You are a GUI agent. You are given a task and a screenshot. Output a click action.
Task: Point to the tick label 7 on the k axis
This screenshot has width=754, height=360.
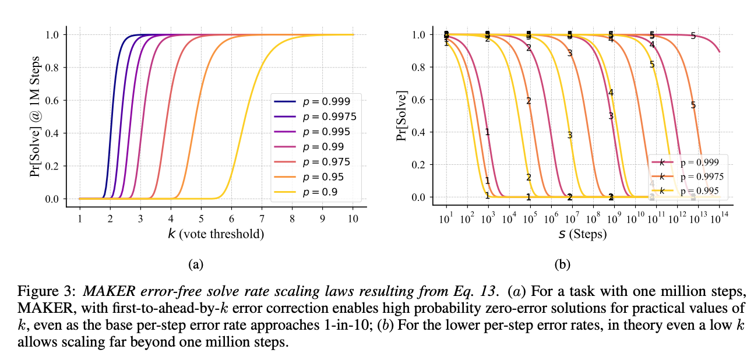(262, 218)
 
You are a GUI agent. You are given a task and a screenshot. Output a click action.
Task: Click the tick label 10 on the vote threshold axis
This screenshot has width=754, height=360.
(353, 218)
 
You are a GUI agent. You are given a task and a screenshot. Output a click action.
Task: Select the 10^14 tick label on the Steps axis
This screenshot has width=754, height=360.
(720, 218)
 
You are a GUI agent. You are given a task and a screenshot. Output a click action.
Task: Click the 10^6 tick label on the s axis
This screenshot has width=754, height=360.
(552, 218)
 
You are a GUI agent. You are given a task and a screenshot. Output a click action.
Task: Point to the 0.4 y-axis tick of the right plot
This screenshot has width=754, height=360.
(419, 132)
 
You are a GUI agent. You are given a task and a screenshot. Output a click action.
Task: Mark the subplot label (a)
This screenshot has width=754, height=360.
(196, 264)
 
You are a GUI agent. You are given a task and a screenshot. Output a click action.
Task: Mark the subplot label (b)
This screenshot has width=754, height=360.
(562, 264)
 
